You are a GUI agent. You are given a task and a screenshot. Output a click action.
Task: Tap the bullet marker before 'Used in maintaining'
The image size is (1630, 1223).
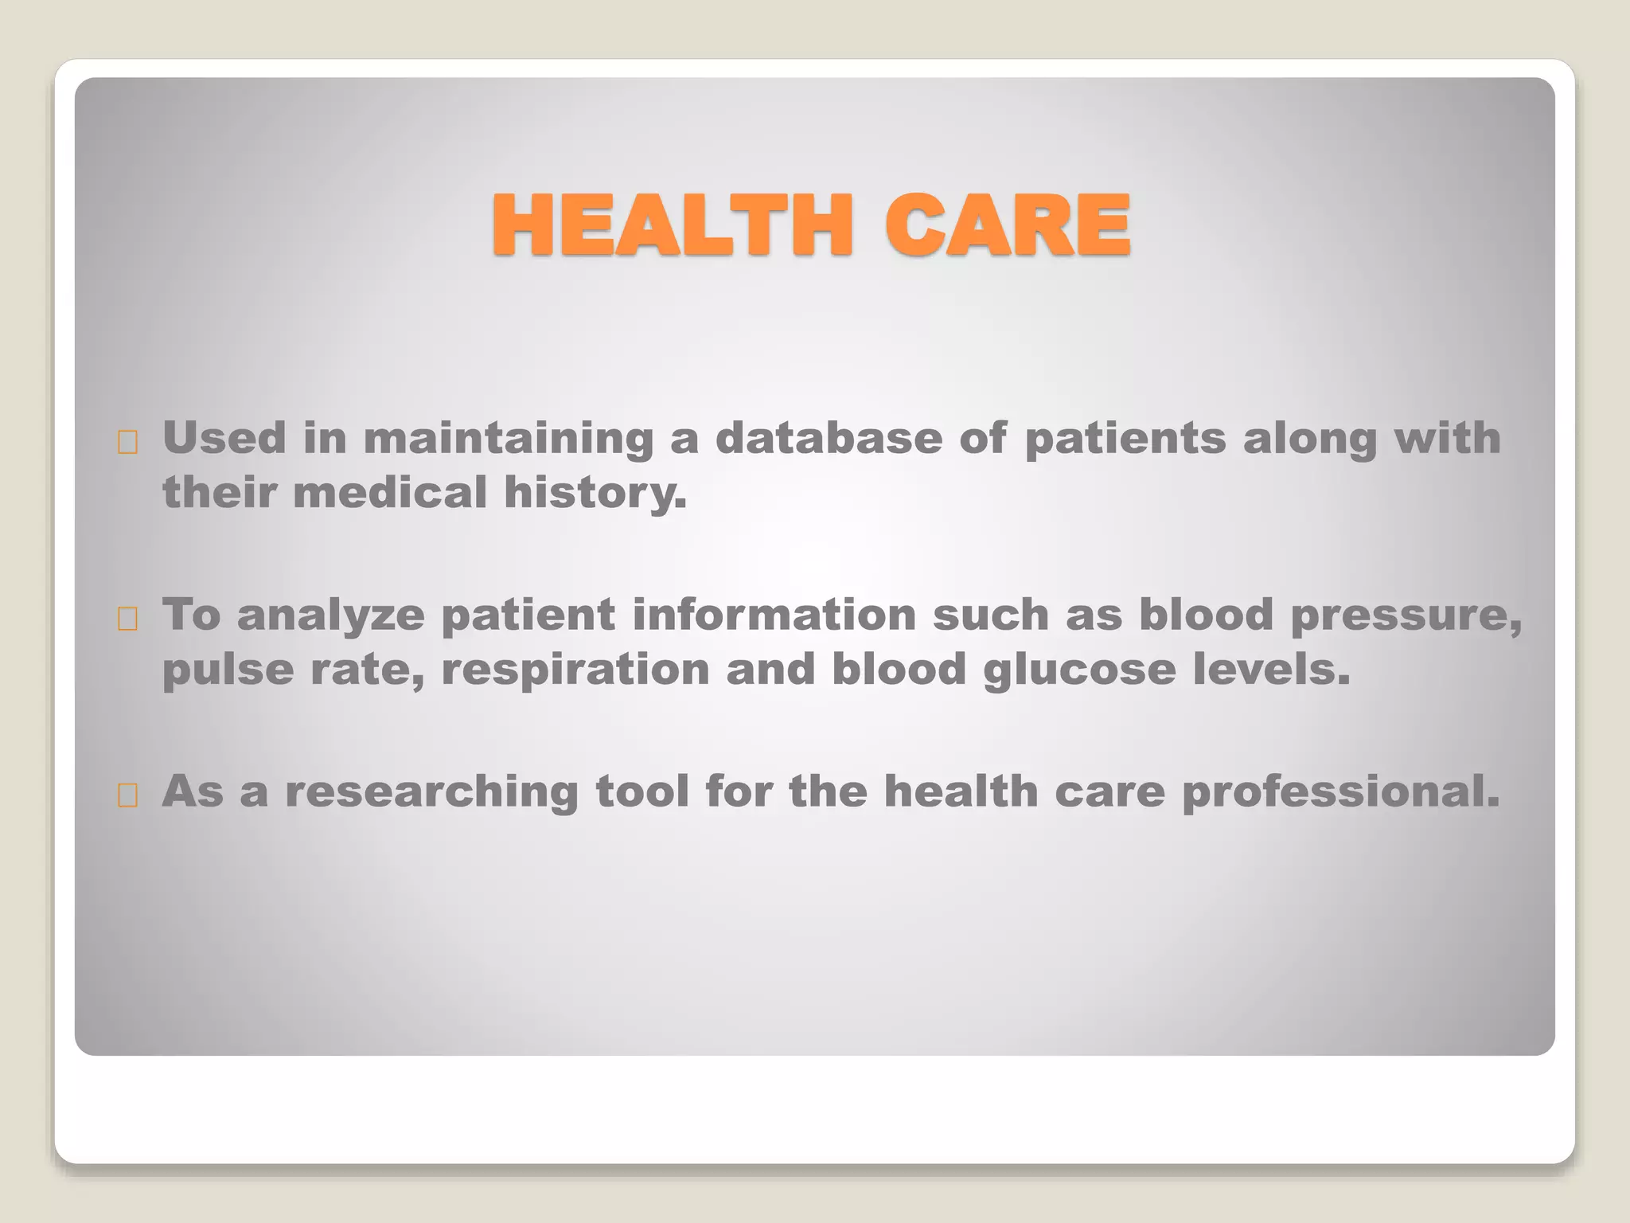point(127,443)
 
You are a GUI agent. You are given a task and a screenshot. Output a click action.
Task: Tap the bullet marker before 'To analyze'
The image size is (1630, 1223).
point(127,619)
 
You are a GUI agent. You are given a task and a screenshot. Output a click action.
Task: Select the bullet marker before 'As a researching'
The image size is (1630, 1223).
point(127,795)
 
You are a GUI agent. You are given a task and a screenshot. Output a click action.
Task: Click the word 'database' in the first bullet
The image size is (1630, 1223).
point(828,438)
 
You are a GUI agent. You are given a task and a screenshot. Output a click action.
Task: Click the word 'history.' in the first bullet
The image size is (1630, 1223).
point(595,494)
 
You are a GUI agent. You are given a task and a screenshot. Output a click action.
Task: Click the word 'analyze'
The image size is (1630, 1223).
point(330,616)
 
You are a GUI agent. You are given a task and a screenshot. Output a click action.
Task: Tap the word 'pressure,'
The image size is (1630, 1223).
point(1406,616)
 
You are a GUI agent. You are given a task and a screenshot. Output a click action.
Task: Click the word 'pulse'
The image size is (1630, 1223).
point(228,670)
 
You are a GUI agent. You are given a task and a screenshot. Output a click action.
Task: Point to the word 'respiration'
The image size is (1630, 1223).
point(575,670)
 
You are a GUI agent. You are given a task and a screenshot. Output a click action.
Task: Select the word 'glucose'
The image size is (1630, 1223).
point(1079,670)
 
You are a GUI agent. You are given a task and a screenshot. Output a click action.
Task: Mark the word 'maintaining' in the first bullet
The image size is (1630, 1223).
point(508,440)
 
